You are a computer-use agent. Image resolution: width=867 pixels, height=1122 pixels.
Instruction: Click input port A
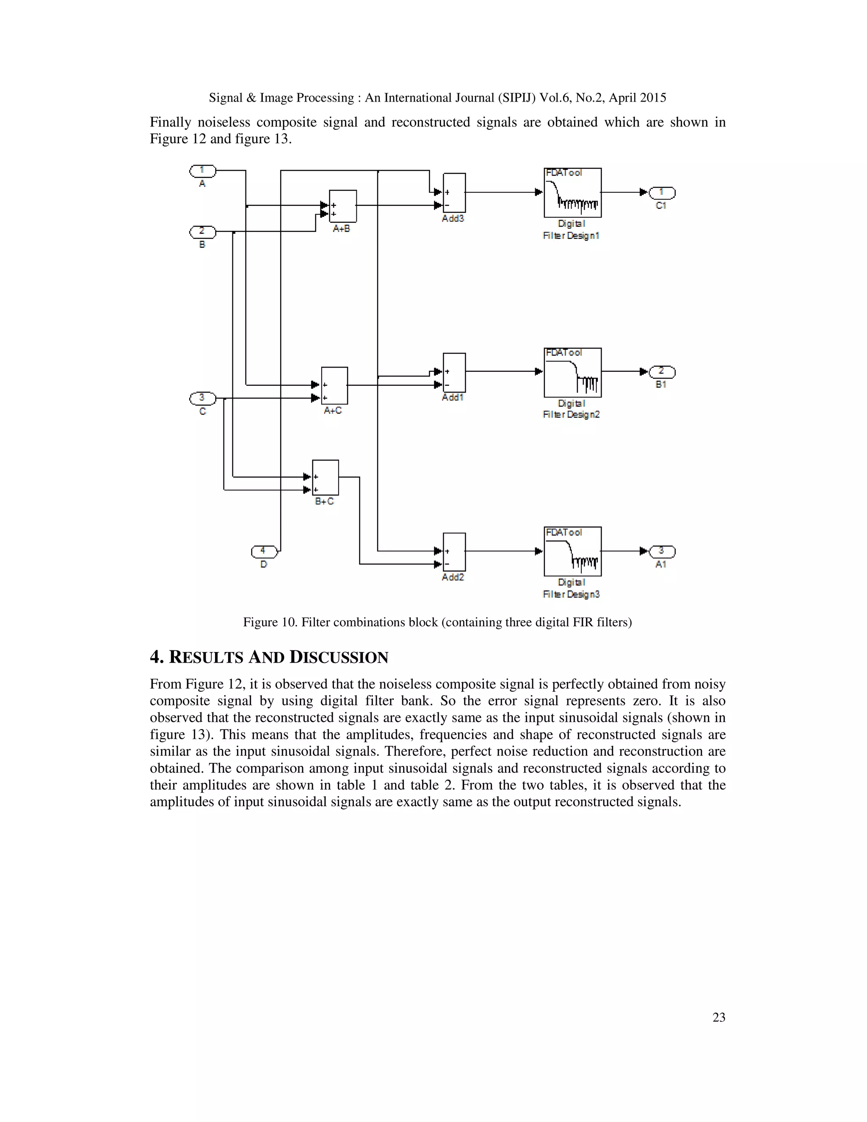point(202,171)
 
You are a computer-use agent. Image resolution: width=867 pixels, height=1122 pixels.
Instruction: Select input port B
point(202,232)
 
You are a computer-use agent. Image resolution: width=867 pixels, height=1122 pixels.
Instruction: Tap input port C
point(202,398)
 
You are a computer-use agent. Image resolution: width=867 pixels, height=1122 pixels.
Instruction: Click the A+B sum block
point(342,206)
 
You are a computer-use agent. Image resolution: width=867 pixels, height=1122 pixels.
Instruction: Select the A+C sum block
point(334,385)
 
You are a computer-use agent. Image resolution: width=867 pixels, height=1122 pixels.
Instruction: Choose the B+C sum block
point(326,477)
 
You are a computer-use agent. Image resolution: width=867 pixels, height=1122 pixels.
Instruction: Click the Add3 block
point(454,193)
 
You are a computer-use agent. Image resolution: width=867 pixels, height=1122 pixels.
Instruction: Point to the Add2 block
point(454,552)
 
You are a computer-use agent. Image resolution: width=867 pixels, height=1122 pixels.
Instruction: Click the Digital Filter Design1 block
point(572,193)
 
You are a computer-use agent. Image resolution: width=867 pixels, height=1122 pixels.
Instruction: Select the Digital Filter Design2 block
point(572,373)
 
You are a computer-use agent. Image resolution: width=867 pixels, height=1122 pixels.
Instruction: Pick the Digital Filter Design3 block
point(572,551)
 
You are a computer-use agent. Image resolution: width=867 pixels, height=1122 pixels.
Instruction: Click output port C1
point(662,193)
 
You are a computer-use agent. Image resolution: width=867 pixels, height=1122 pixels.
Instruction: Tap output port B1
point(662,371)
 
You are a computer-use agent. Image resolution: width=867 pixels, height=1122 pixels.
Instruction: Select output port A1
point(662,551)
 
